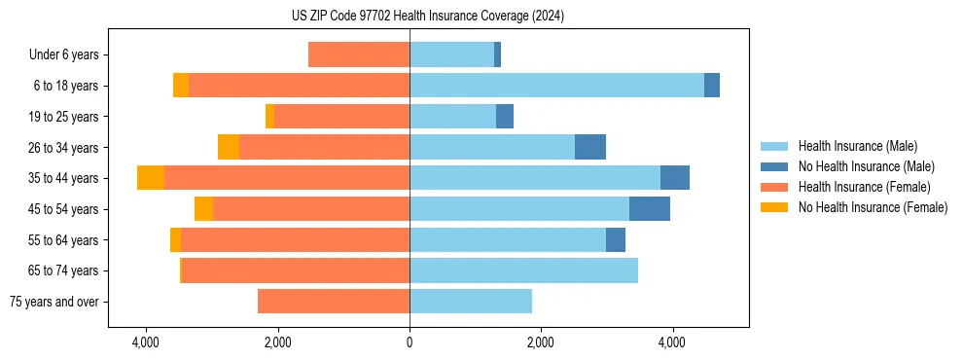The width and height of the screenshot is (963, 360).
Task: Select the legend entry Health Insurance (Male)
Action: (x=857, y=146)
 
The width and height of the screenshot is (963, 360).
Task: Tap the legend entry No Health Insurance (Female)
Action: (x=873, y=207)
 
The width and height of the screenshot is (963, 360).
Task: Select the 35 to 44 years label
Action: (x=63, y=178)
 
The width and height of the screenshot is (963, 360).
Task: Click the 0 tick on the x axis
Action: (x=410, y=342)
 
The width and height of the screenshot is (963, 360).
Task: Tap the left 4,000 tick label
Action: (x=146, y=342)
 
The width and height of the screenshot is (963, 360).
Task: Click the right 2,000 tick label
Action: (x=541, y=342)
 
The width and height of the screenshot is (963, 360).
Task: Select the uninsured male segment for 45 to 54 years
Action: (x=649, y=209)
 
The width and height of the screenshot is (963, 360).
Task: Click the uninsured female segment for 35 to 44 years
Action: (x=151, y=178)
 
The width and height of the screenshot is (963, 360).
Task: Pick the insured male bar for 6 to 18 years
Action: (x=556, y=86)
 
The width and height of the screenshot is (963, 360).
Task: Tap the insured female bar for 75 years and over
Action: (x=334, y=302)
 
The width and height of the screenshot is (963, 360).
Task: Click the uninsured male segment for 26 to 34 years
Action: (x=590, y=147)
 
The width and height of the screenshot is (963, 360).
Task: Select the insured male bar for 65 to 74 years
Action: (x=523, y=270)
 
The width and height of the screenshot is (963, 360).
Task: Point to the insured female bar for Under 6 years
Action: (x=359, y=55)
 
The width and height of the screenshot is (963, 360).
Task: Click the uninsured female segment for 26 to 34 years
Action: (x=229, y=147)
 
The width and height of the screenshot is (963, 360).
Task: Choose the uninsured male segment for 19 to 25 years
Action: (x=505, y=117)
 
